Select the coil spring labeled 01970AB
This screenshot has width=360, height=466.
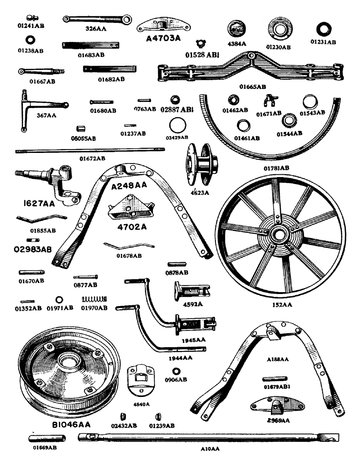[95, 299]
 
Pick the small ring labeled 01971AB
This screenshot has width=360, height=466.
[59, 299]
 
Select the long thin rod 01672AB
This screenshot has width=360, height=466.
[90, 150]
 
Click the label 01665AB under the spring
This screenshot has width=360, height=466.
[252, 87]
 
